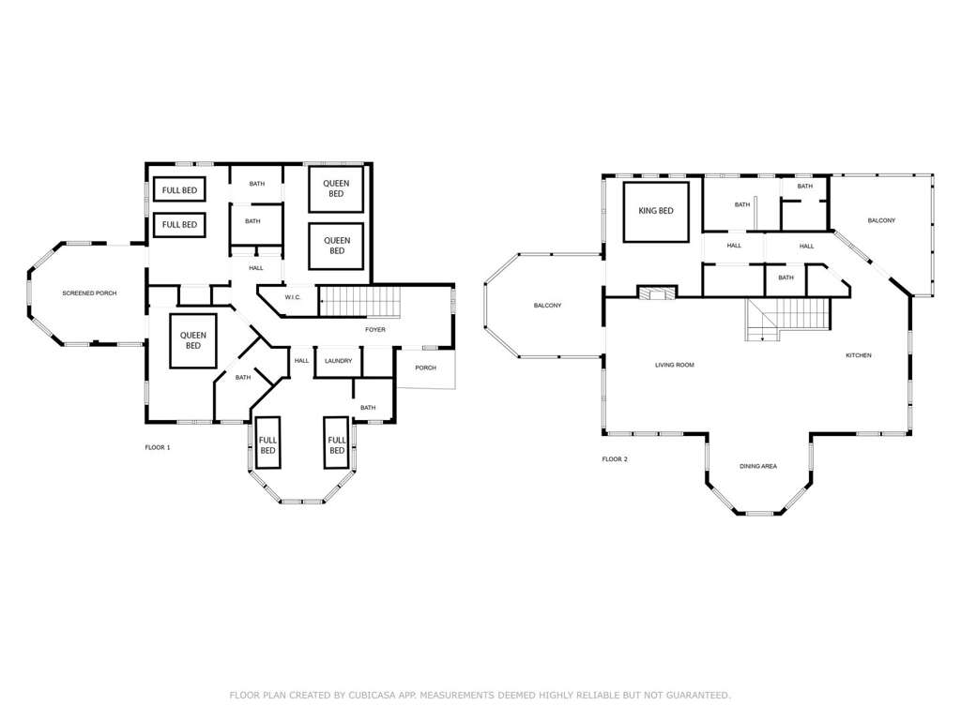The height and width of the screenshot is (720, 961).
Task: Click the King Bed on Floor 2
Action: [656, 211]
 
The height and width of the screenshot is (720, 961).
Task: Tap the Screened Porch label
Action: [89, 293]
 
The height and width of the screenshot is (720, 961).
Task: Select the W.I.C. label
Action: [293, 297]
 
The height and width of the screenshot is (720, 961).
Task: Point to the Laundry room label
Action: [338, 361]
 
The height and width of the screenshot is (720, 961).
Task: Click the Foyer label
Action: [375, 329]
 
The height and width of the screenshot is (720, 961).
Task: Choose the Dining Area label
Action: [758, 467]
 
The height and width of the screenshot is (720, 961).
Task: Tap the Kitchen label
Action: [858, 355]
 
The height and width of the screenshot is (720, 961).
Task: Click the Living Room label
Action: [674, 365]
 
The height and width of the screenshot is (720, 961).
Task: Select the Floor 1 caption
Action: [158, 447]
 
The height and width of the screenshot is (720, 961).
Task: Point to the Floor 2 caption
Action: [615, 459]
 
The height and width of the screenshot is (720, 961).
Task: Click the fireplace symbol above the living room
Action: [657, 293]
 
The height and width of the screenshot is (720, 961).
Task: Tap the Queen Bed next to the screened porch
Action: [193, 341]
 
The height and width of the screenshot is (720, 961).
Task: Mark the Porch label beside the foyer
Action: [425, 367]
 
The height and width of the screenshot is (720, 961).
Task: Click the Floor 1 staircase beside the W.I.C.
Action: [360, 301]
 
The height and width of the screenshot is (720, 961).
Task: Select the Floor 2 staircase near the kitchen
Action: [787, 319]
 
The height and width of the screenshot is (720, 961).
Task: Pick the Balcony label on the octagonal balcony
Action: [547, 306]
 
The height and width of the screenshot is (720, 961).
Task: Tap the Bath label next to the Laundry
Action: [368, 408]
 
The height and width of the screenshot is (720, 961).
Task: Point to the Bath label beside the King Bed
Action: [742, 204]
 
